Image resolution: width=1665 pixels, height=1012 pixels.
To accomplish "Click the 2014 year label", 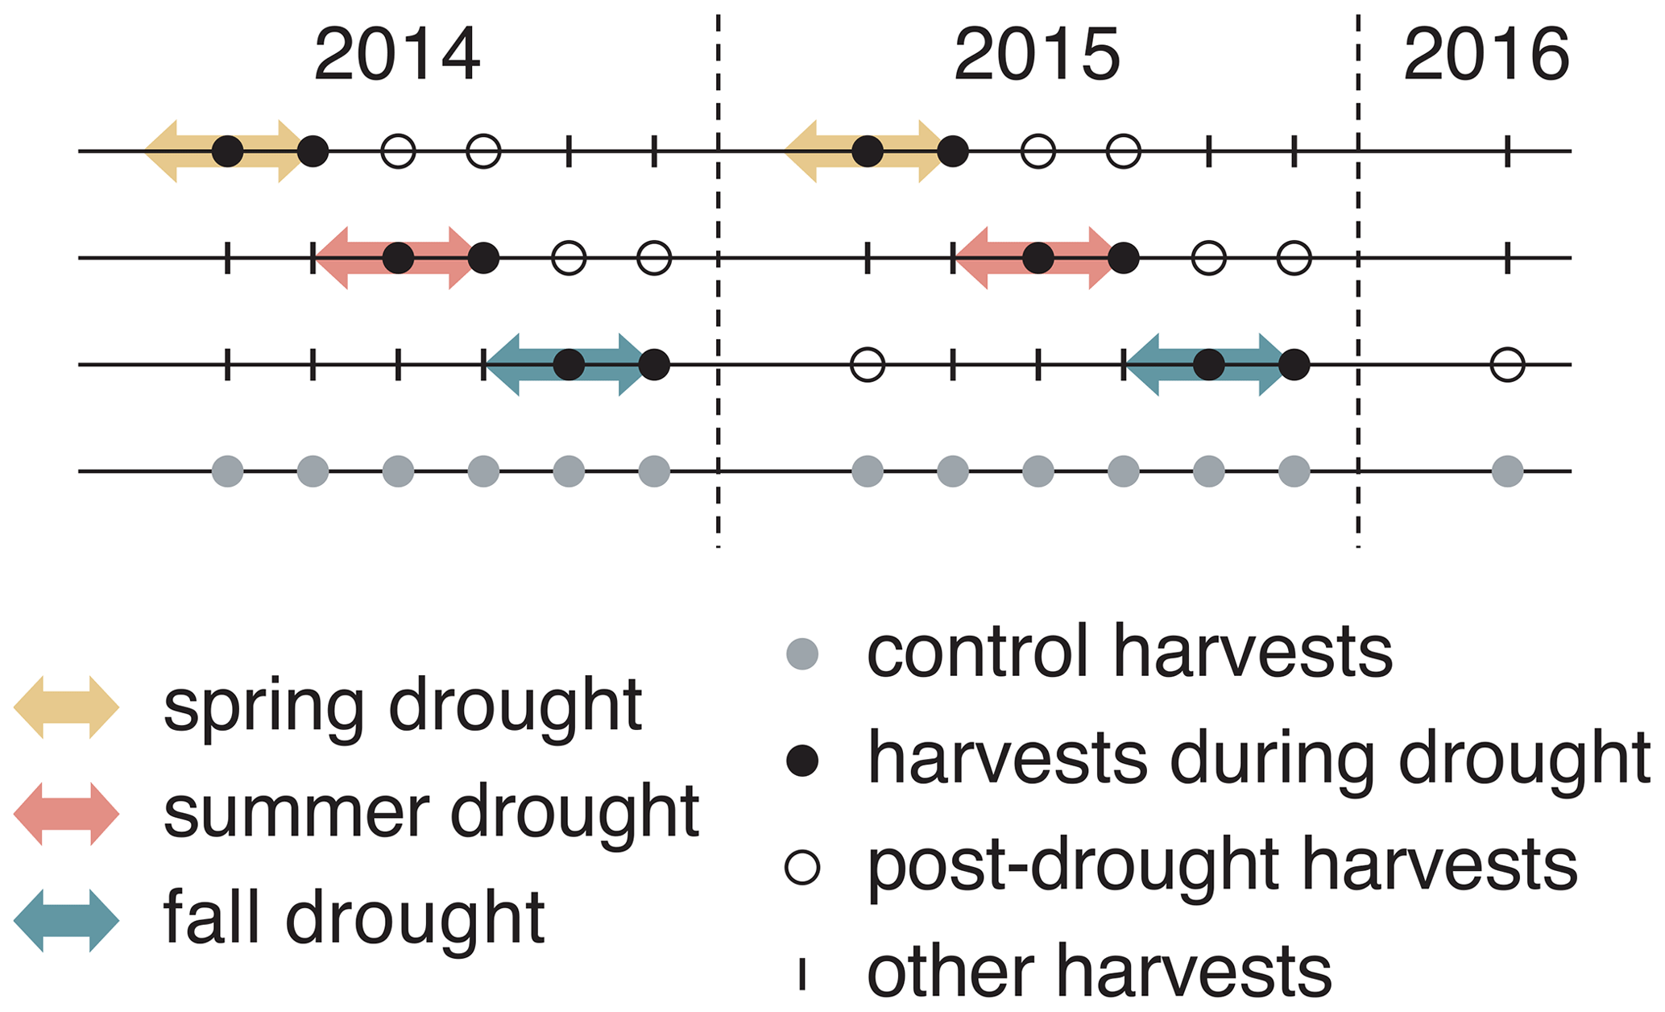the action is click(397, 55).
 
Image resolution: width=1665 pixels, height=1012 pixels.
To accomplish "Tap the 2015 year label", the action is click(1037, 55).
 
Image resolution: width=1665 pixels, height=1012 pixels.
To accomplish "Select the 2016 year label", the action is click(1486, 55).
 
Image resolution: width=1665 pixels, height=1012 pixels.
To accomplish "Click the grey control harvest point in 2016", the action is click(1507, 471).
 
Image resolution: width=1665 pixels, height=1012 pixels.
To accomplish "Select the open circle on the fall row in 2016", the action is click(1507, 365).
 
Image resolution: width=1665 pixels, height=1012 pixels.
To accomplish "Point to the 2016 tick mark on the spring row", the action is click(1507, 151).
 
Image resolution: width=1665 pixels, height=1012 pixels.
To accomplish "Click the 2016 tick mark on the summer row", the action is click(1507, 259).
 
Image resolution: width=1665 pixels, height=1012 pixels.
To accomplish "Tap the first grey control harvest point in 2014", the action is click(228, 471).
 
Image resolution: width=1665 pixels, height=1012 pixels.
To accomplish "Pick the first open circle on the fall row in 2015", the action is click(868, 365).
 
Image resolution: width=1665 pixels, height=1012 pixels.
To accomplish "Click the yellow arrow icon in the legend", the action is click(67, 707).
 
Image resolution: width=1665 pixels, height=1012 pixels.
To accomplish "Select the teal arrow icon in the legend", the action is click(67, 920).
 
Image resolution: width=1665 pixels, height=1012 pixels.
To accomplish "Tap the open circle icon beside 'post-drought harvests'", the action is click(802, 867).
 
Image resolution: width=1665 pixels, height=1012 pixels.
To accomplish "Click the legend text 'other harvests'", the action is click(1099, 973).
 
